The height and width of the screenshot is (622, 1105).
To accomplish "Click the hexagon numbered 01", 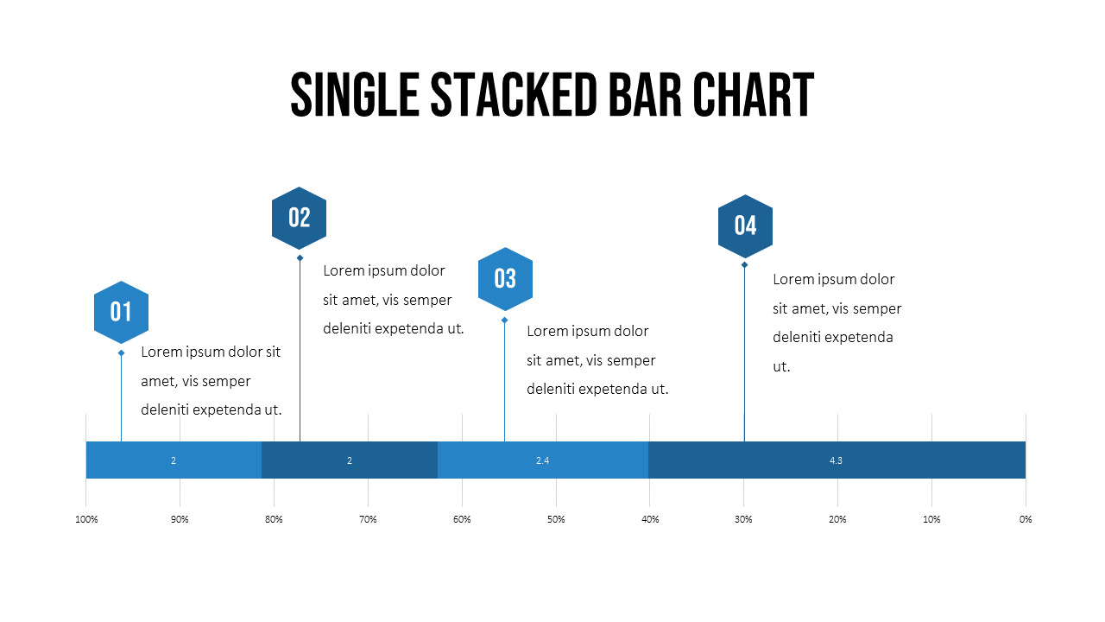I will [x=121, y=312].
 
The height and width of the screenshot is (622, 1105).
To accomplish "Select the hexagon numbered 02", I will [x=299, y=218].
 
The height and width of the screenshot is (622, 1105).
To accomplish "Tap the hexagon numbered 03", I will [x=505, y=278].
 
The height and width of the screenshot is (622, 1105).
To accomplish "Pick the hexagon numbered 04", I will [x=745, y=225].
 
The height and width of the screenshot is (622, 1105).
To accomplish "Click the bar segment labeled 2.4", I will [x=542, y=460].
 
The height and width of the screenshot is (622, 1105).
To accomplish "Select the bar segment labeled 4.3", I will [x=836, y=460].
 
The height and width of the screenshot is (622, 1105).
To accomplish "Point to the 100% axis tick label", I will [x=86, y=519].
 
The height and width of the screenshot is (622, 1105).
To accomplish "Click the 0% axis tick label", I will [x=1026, y=519].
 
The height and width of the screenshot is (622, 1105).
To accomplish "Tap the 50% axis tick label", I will [x=556, y=519].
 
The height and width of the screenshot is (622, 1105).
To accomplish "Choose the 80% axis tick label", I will [x=274, y=519].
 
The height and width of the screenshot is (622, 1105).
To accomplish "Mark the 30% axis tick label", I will [x=743, y=519].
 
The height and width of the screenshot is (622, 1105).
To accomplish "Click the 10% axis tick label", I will [x=931, y=519].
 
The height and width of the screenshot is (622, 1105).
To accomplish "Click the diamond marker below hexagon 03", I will [x=505, y=320].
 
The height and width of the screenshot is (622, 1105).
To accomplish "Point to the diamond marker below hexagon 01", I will [x=121, y=352].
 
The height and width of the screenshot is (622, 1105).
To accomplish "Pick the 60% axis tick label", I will [x=462, y=519].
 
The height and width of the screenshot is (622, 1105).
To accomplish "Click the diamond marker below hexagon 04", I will [x=744, y=264].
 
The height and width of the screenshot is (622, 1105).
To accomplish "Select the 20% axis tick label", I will [x=837, y=519].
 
